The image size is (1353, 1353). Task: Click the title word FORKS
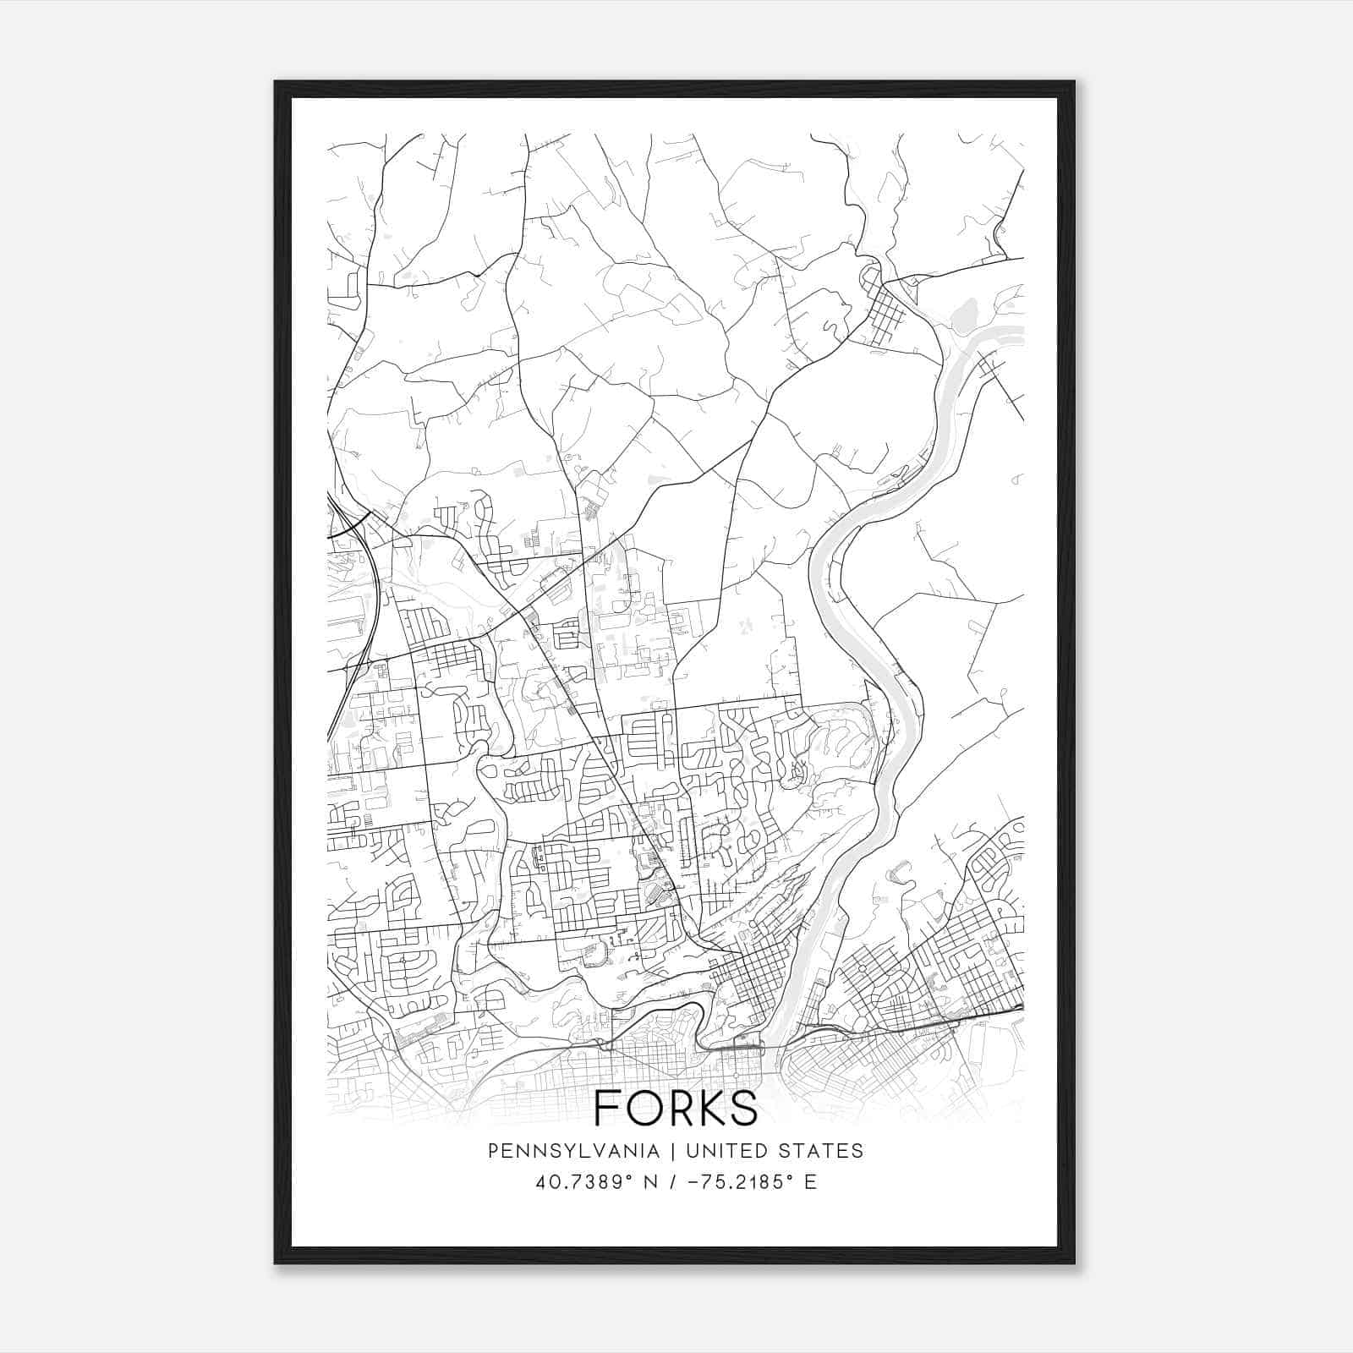click(676, 1107)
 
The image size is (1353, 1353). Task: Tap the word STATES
click(819, 1151)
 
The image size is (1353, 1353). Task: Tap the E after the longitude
click(810, 1181)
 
